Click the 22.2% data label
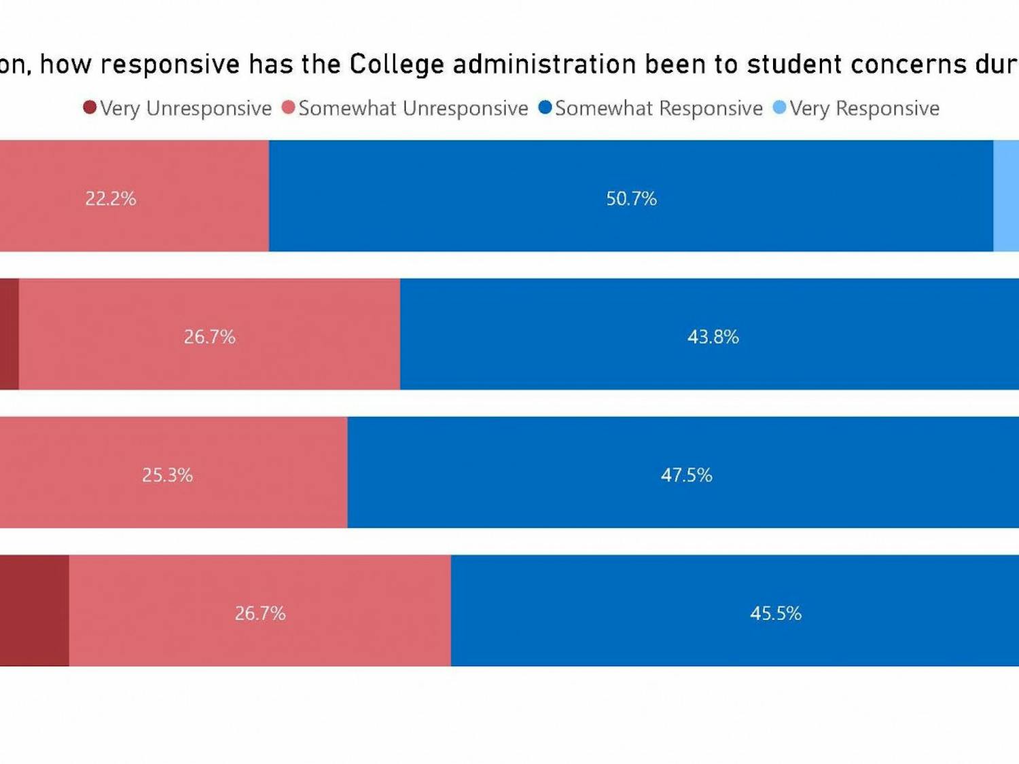pyautogui.click(x=111, y=198)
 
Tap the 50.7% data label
pyautogui.click(x=631, y=198)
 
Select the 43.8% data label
pyautogui.click(x=713, y=337)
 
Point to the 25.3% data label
pyautogui.click(x=167, y=475)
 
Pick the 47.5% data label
pyautogui.click(x=686, y=475)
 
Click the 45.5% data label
pyautogui.click(x=775, y=613)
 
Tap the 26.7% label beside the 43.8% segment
pyautogui.click(x=209, y=337)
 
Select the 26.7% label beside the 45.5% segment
pyautogui.click(x=260, y=613)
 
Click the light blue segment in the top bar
pyautogui.click(x=1006, y=196)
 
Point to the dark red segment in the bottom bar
pyautogui.click(x=34, y=610)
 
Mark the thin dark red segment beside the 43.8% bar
pyautogui.click(x=9, y=334)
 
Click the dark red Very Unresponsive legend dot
pyautogui.click(x=90, y=107)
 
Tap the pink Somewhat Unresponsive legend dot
pyautogui.click(x=288, y=107)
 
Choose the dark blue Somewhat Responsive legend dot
pyautogui.click(x=545, y=107)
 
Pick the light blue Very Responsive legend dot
pyautogui.click(x=779, y=107)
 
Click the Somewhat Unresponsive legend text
pyautogui.click(x=413, y=109)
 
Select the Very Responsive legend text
pyautogui.click(x=864, y=109)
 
